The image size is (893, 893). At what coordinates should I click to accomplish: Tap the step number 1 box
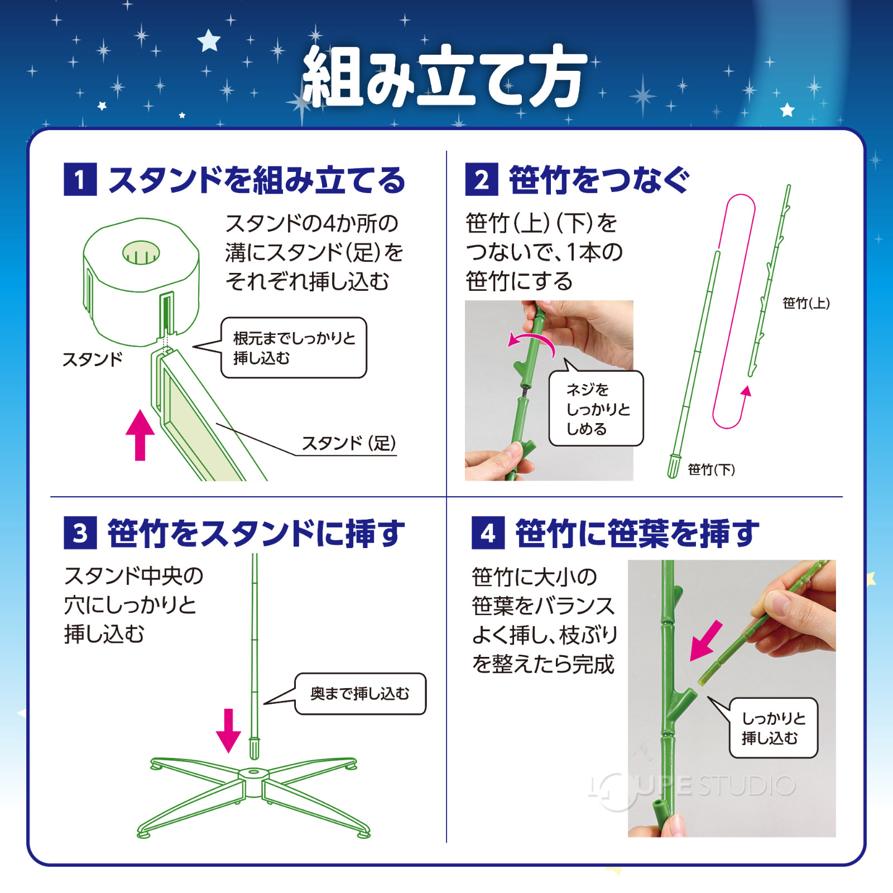click(80, 180)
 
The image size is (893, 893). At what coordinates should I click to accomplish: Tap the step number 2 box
click(482, 180)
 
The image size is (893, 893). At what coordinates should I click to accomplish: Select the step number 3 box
click(80, 533)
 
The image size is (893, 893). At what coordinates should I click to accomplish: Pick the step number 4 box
click(488, 533)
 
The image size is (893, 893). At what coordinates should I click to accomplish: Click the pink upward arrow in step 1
click(140, 435)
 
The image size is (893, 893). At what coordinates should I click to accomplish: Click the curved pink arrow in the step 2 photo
click(531, 341)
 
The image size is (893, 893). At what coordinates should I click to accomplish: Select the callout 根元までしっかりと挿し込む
click(294, 348)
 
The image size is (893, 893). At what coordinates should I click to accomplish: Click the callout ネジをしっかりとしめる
click(596, 409)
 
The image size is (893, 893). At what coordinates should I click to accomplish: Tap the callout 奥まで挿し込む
click(360, 694)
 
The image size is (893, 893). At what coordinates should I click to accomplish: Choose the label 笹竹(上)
click(806, 303)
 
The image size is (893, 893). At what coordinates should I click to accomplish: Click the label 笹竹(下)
click(711, 469)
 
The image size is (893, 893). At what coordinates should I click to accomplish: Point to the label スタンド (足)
click(348, 443)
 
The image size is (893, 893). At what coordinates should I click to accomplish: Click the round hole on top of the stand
click(141, 253)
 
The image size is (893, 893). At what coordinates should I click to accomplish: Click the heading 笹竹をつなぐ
click(599, 180)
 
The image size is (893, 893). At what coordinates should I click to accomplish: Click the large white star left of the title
click(209, 40)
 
